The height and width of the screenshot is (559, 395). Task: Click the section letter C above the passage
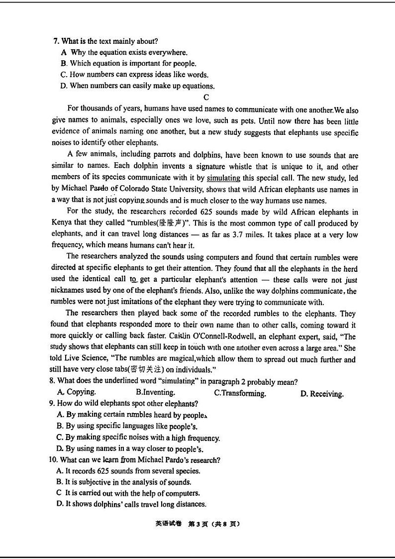click(206, 98)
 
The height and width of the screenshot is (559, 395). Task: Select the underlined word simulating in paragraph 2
click(223, 178)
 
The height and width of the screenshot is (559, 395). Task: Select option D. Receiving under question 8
click(322, 394)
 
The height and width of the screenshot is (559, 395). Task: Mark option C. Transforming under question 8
click(240, 393)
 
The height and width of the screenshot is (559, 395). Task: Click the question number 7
click(55, 41)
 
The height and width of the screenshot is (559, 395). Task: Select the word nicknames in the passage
click(68, 290)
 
